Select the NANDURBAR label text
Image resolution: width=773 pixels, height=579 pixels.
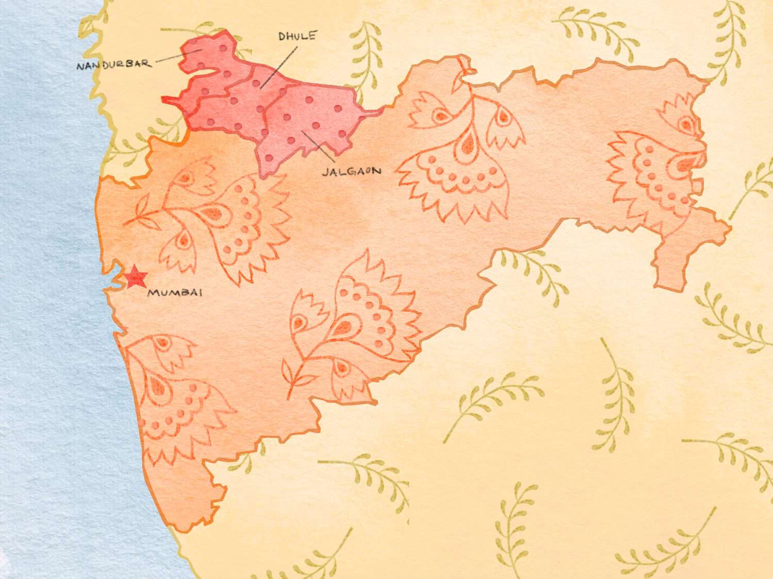[113, 65]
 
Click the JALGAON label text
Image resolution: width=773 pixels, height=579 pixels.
[351, 171]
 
